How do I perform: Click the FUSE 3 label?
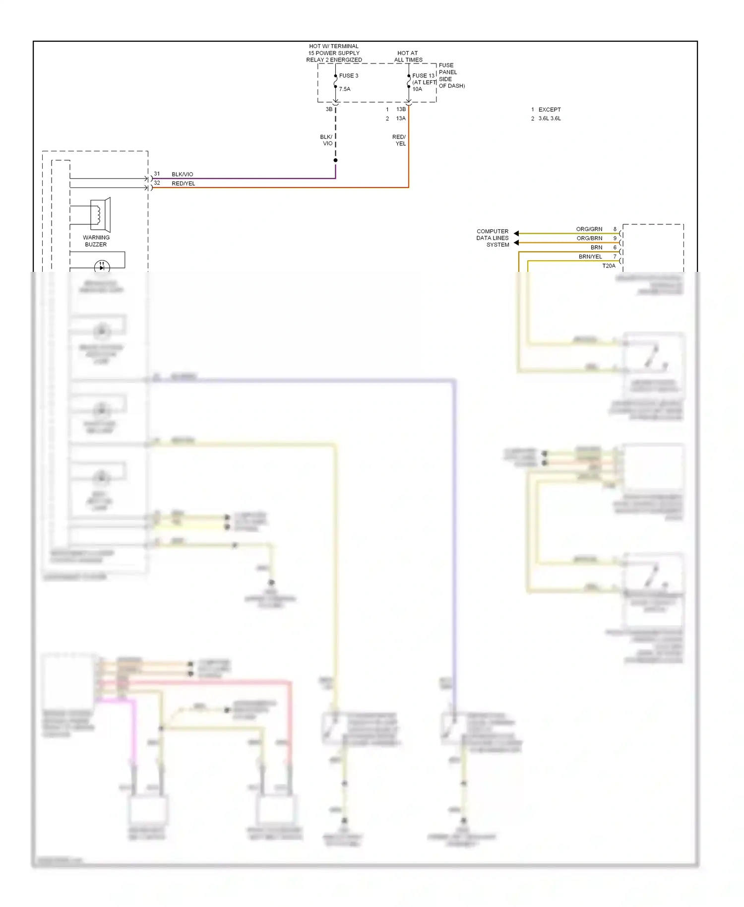coord(348,76)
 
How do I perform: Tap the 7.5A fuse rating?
coord(345,89)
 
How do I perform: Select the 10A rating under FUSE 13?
coord(417,89)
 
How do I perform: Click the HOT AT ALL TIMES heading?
coord(408,57)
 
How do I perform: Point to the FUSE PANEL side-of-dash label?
coord(451,75)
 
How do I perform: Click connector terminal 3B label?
coord(329,109)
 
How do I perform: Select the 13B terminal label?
coord(401,109)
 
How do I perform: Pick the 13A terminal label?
coord(401,119)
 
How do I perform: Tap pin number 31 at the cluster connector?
coord(157,174)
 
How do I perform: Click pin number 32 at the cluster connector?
coord(157,183)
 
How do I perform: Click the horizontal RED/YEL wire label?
coord(184,184)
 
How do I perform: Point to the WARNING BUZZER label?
coord(96,241)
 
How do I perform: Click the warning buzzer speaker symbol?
coord(101,215)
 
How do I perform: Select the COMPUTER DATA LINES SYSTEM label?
coord(493,238)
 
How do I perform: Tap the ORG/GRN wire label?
coord(589,229)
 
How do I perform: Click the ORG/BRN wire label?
coord(589,239)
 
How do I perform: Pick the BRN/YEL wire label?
coord(590,257)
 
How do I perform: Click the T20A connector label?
coord(609,266)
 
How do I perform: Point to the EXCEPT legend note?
coord(550,110)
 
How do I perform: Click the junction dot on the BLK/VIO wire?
coord(336,160)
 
